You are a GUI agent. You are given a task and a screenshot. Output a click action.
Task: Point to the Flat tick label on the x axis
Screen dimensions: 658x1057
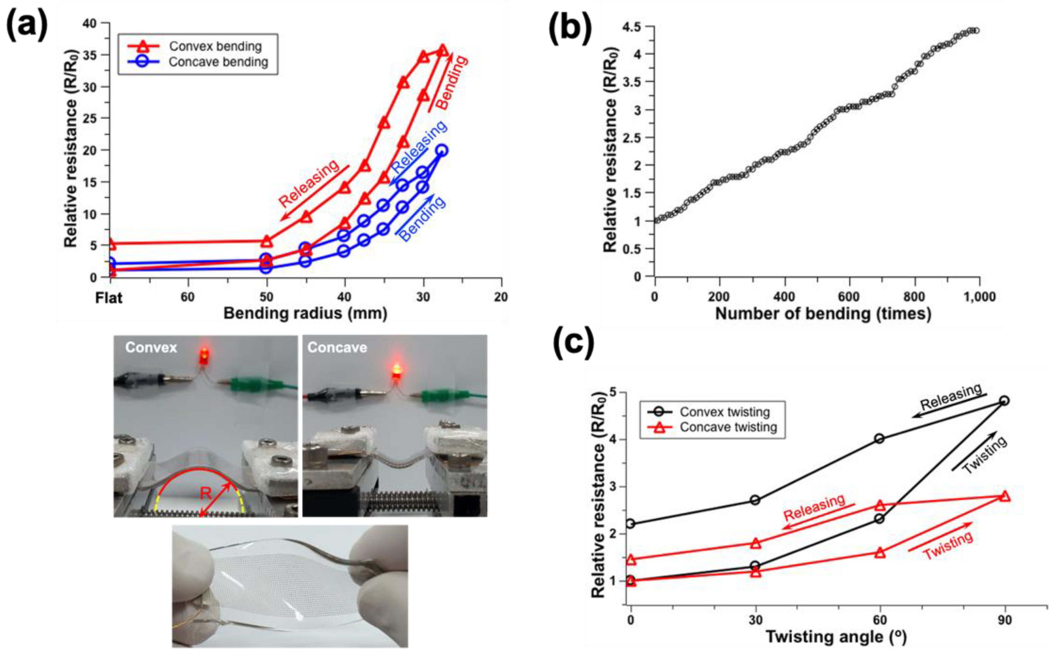[x=109, y=298]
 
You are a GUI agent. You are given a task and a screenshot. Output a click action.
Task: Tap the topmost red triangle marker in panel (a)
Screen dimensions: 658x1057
[x=442, y=51]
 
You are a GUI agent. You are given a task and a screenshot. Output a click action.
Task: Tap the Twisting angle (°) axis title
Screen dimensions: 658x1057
[x=836, y=637]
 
